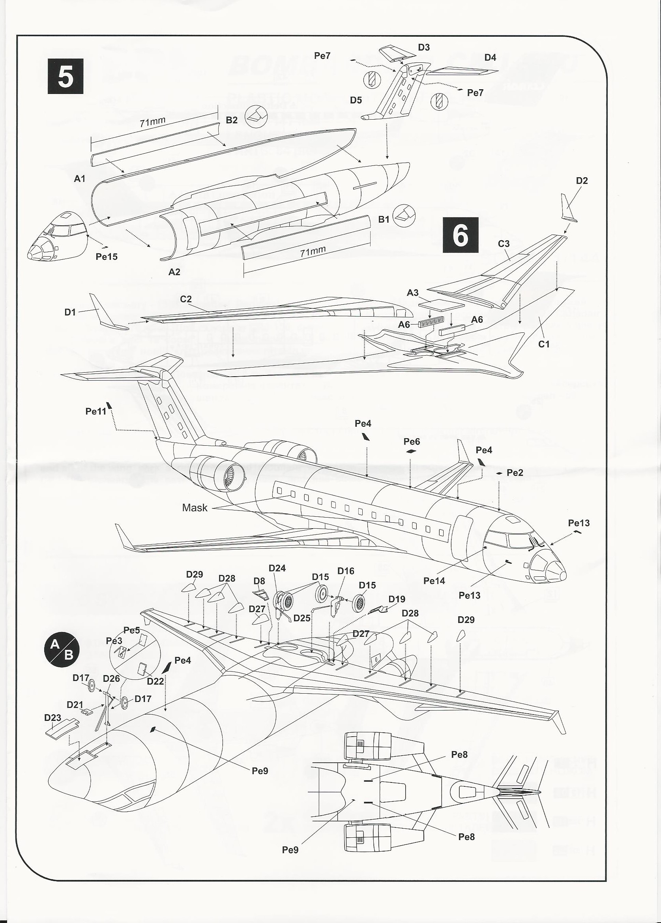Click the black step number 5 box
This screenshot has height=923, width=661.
tap(66, 76)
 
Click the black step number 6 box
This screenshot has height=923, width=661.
tap(460, 235)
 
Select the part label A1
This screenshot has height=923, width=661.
tap(80, 178)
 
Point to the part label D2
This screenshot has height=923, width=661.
tap(582, 181)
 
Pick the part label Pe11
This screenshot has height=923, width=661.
tap(95, 411)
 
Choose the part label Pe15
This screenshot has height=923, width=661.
tap(107, 256)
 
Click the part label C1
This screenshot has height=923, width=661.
tap(544, 344)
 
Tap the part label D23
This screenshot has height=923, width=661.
tap(52, 717)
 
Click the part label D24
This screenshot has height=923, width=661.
tap(277, 568)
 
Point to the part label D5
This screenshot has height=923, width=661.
tap(356, 100)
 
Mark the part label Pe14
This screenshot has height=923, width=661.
tap(434, 581)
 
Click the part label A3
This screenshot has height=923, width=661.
tap(412, 293)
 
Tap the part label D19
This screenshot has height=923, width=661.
tap(397, 599)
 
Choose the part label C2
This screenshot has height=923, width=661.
tap(185, 299)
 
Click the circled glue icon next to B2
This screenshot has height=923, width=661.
tap(256, 117)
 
